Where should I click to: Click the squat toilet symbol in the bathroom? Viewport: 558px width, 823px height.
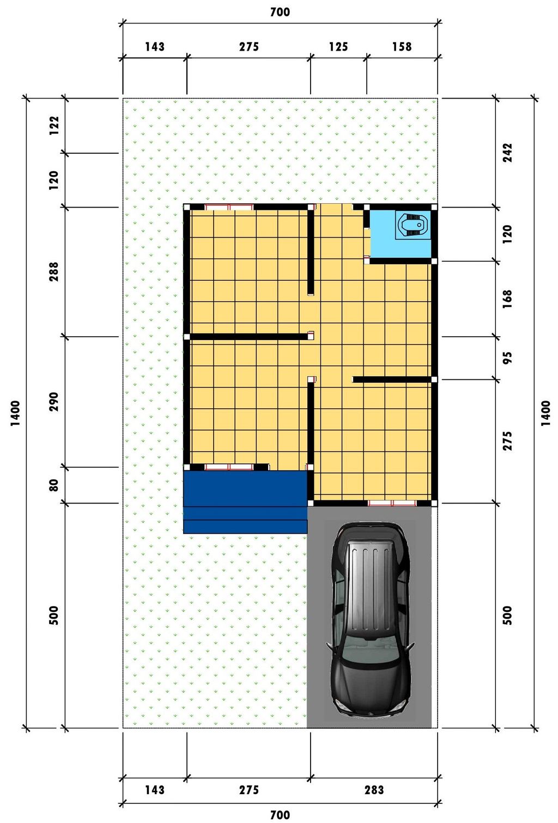pos(413,225)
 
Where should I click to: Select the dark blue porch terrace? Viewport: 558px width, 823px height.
pos(245,502)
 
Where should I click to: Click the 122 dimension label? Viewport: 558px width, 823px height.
pos(54,126)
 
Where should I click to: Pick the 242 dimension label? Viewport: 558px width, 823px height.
pos(507,153)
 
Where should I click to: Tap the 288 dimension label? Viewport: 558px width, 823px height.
pos(54,271)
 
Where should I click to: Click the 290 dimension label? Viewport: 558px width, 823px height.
pos(54,402)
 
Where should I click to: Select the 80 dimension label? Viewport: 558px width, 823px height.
pos(54,485)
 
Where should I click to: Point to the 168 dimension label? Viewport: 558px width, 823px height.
pos(507,299)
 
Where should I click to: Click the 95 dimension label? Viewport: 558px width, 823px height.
pos(507,358)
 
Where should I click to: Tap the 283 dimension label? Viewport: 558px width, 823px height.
pos(374,790)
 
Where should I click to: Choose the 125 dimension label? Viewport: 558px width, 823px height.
pos(338,47)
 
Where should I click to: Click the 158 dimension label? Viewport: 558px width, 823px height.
pos(402,47)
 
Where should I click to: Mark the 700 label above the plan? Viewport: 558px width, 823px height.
pos(280,12)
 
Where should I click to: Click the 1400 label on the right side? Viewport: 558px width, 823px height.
pos(546,413)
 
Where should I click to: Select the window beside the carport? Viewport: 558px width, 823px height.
pos(392,504)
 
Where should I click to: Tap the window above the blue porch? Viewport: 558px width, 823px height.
pos(229,467)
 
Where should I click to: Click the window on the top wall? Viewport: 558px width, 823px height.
pos(229,207)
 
